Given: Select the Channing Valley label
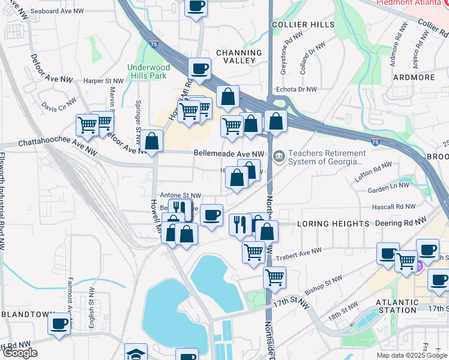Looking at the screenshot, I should [x=239, y=58].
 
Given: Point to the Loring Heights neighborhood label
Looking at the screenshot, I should [x=333, y=224].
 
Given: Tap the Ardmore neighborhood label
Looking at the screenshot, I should [x=414, y=77].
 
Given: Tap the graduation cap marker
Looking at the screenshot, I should [x=136, y=353].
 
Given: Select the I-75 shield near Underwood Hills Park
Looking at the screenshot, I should [x=154, y=43].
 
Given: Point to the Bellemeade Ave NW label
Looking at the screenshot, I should [x=229, y=154].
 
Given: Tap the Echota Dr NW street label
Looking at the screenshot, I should [x=295, y=89].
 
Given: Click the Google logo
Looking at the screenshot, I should [x=19, y=353].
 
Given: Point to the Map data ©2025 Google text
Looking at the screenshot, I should [x=411, y=355].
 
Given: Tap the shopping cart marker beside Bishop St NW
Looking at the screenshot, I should [x=274, y=277].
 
